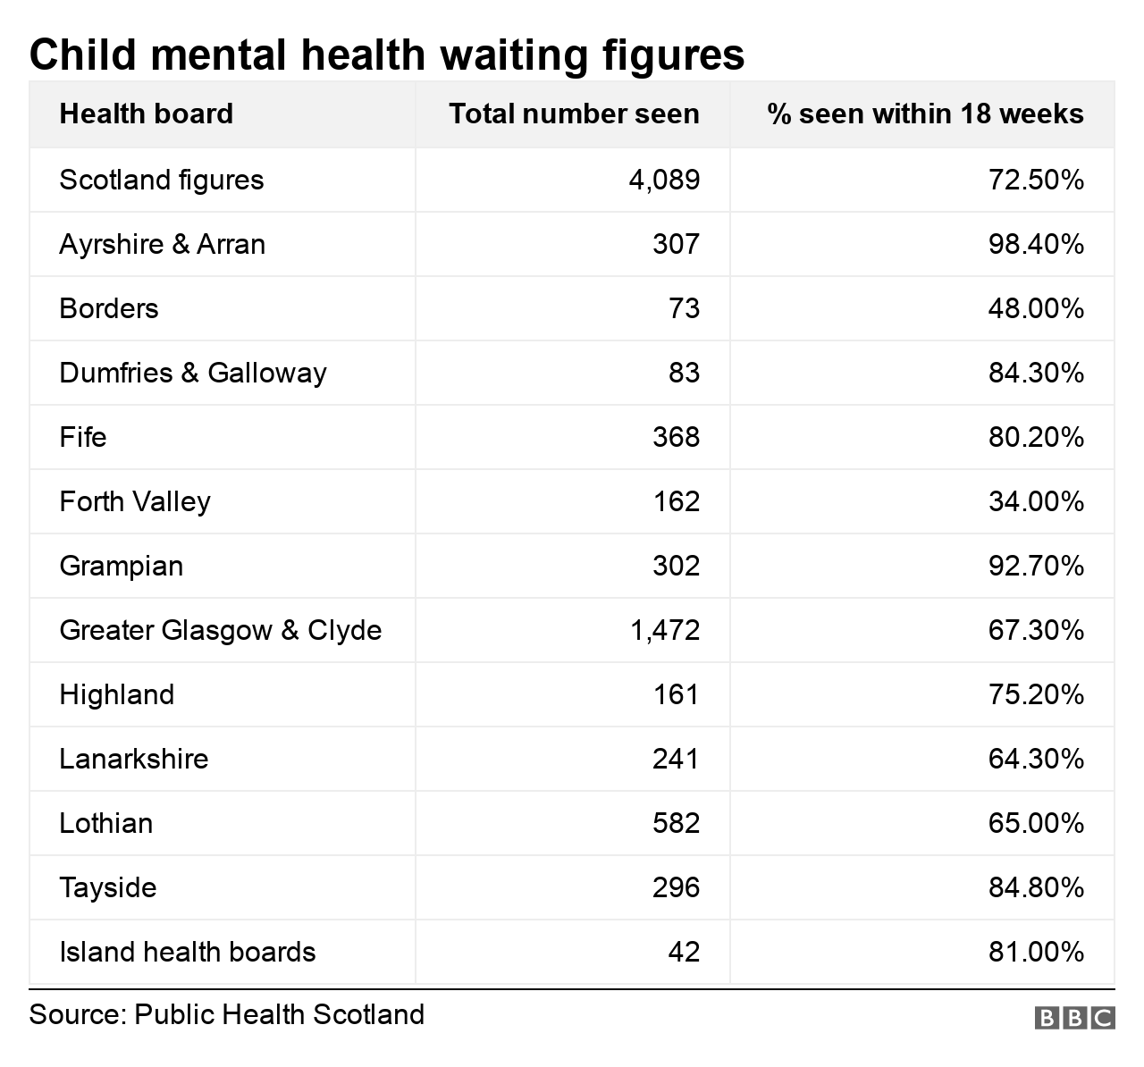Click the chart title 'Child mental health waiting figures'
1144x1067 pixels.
(x=386, y=55)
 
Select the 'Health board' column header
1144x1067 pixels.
(x=146, y=114)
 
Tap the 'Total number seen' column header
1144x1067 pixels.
(x=574, y=114)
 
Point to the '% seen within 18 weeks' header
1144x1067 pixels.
(x=925, y=114)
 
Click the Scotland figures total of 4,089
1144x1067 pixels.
(x=664, y=181)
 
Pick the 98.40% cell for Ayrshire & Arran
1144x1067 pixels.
(x=1036, y=245)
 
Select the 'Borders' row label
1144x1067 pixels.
(x=109, y=309)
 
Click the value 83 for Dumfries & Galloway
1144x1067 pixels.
(x=684, y=374)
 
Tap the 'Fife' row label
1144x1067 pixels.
(x=83, y=438)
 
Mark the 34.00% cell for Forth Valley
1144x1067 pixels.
(x=1036, y=502)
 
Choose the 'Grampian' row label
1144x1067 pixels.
(x=122, y=567)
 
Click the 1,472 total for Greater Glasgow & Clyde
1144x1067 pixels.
(x=665, y=631)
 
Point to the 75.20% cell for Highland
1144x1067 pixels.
(x=1036, y=695)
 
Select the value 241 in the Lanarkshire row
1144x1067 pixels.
(x=677, y=760)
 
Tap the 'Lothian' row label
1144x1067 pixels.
(x=106, y=824)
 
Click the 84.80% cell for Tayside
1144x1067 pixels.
(x=1036, y=888)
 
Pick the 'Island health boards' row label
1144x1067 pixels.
(x=188, y=953)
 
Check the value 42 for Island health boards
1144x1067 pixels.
(x=684, y=953)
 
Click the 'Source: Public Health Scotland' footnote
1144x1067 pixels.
(x=227, y=1015)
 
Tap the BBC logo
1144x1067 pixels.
(x=1074, y=1018)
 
